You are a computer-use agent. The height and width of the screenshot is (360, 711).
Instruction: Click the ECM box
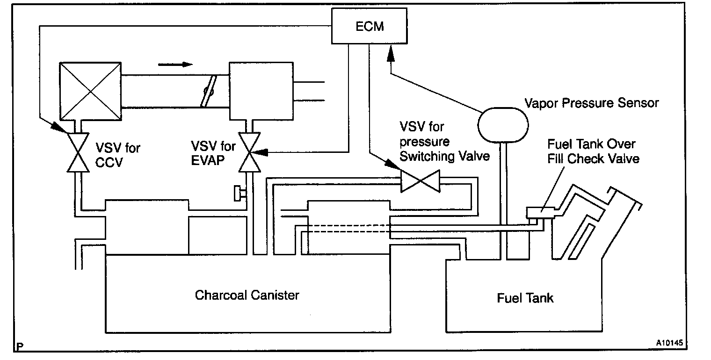369,26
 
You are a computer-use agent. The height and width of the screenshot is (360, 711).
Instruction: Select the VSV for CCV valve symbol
78,152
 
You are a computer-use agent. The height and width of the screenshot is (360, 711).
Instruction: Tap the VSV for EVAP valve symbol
249,152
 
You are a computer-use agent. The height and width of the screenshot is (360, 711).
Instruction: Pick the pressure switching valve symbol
421,181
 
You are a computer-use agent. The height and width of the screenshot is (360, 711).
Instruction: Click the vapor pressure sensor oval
503,125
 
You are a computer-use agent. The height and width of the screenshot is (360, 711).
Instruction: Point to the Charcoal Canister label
247,295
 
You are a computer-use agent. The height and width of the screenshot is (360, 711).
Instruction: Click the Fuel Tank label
525,298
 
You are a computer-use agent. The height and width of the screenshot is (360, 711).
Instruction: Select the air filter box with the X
90,91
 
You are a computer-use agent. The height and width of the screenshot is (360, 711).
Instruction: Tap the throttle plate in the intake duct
209,92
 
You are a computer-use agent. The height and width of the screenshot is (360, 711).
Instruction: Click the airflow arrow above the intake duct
175,65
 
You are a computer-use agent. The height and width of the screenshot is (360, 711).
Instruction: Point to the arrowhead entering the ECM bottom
391,54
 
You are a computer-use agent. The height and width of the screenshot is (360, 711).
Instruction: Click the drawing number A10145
669,343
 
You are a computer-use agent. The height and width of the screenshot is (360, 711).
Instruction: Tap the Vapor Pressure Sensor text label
591,103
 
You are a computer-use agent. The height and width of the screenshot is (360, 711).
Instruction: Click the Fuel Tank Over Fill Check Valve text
593,151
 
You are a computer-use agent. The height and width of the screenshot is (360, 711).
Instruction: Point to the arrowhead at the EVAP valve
259,152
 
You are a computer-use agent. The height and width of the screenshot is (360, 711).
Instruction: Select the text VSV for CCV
118,155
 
